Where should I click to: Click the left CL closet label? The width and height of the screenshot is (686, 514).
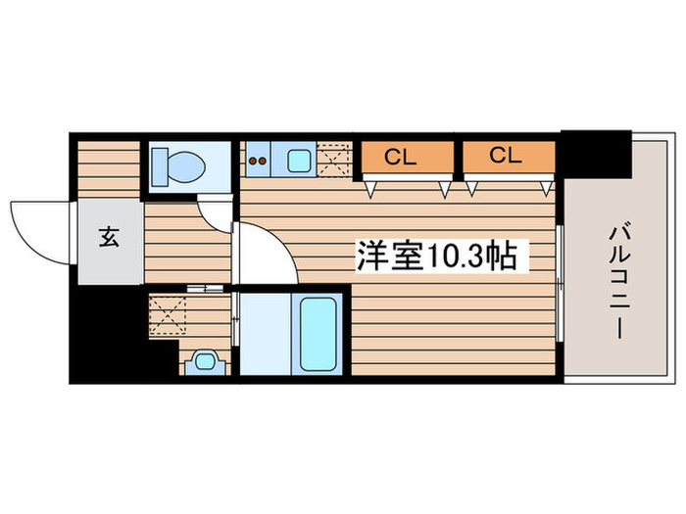coord(396,155)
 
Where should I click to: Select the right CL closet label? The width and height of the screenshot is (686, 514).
coord(505,155)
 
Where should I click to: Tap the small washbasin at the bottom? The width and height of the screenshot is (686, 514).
coord(205,360)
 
